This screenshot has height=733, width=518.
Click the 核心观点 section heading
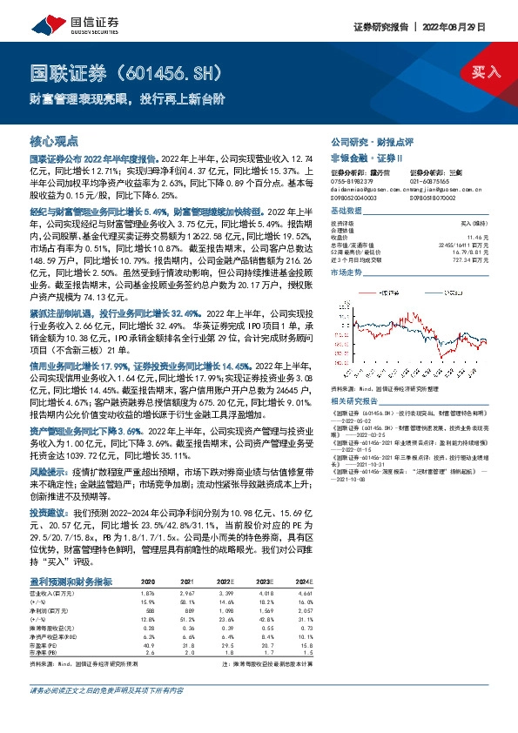(55, 141)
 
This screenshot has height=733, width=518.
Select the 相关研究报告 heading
(354, 400)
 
